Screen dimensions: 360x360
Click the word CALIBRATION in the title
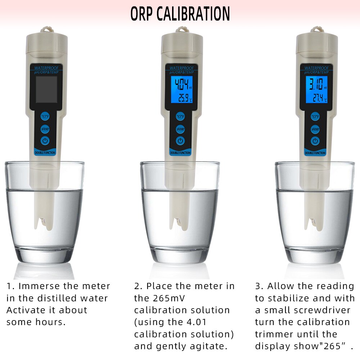193,14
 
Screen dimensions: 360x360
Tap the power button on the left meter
45,141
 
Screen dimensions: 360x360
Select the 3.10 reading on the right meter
314,85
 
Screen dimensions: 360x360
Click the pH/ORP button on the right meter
315,129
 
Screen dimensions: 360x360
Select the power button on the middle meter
180,141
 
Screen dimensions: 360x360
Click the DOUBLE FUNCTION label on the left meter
45,153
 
